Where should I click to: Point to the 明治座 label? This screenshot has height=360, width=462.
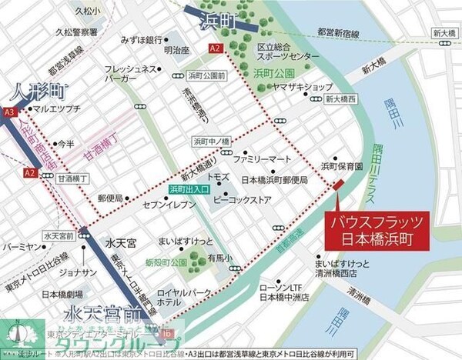[x=176, y=51]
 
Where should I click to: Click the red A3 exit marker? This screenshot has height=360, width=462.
[x=9, y=112]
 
